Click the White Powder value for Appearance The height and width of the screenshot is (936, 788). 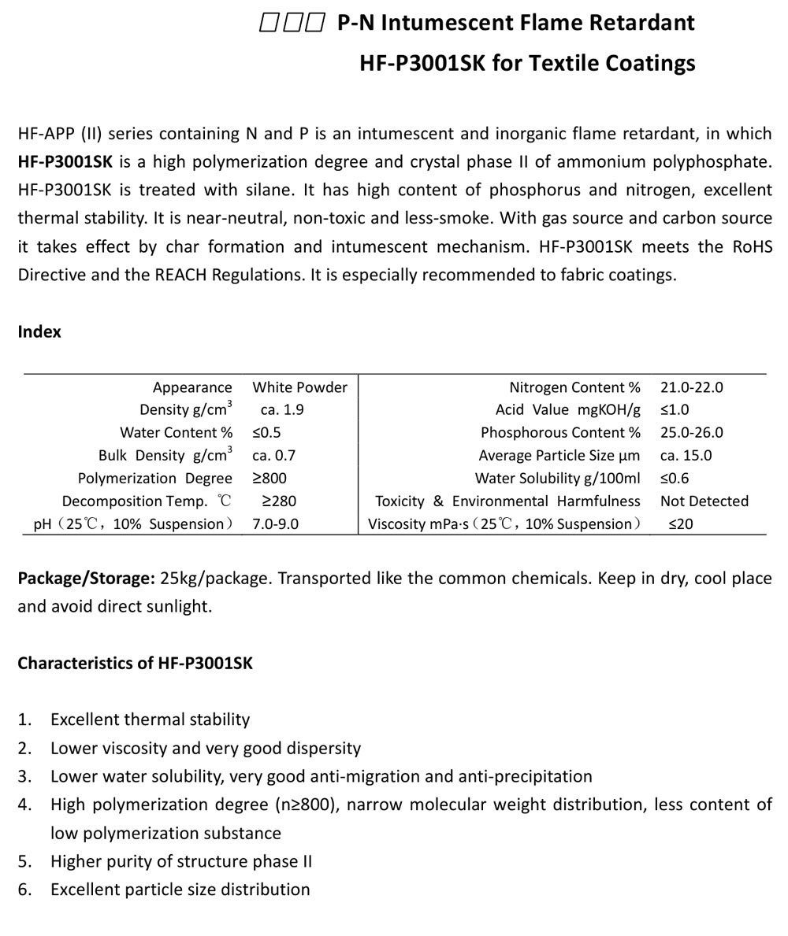[299, 387]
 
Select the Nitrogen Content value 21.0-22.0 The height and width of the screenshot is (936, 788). [691, 387]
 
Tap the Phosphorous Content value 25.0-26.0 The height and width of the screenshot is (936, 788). [691, 433]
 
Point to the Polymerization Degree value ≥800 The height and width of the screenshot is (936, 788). [269, 479]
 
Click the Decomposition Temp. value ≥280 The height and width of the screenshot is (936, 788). [279, 501]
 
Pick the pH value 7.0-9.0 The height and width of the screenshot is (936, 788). [275, 524]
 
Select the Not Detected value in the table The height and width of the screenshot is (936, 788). [704, 501]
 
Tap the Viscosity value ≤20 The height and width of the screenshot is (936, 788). [680, 524]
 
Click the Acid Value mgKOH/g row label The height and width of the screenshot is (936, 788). [567, 410]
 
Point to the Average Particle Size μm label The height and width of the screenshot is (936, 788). [559, 456]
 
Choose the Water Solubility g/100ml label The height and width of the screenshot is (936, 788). [557, 479]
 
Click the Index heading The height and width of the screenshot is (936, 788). [39, 332]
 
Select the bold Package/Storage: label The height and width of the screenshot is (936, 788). [86, 579]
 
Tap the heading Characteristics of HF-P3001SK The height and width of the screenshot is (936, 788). [135, 663]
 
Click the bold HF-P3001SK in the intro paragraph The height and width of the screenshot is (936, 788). [65, 162]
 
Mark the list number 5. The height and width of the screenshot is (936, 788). [24, 861]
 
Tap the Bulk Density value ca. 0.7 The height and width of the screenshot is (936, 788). [273, 456]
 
